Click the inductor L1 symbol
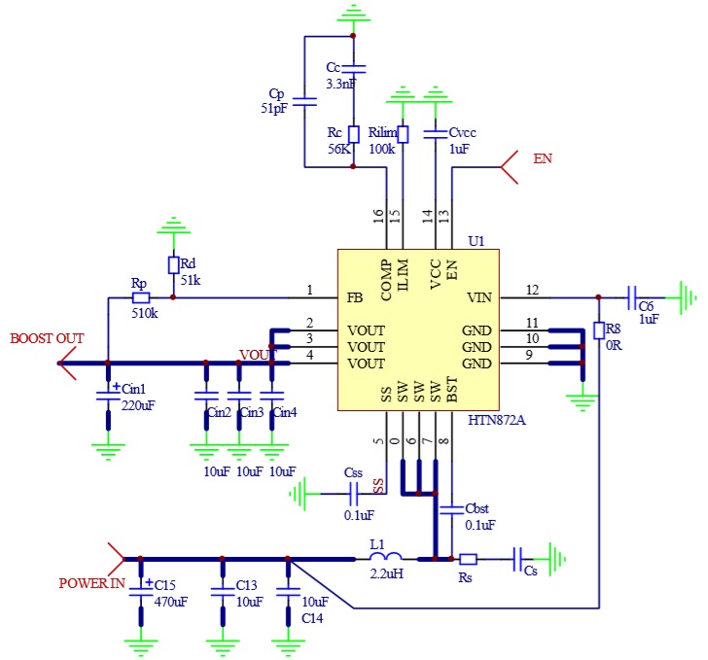coord(387,558)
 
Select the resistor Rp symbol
coord(141,297)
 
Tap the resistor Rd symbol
coord(174,265)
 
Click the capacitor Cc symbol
coord(354,68)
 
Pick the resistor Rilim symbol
coord(403,133)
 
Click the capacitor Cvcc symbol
coord(435,133)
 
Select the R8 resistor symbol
coord(599,330)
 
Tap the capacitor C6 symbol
coord(632,297)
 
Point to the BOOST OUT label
coord(48,338)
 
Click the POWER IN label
coord(91,584)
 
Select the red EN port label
coord(543,158)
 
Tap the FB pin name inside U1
coord(357,297)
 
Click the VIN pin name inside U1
coord(479,297)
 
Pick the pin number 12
coord(532,289)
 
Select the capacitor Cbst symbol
coord(451,508)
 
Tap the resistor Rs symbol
coord(468,559)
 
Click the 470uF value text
coord(171,602)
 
